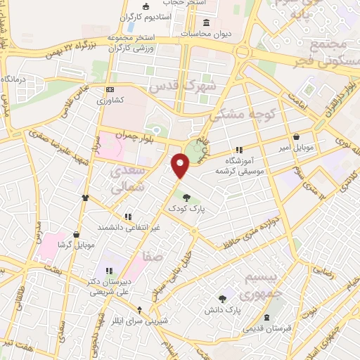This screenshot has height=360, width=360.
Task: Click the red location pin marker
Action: [181, 165]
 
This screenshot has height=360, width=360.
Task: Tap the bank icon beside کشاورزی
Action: [110, 90]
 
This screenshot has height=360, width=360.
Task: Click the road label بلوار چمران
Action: [131, 134]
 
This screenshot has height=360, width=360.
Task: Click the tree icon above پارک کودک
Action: [186, 197]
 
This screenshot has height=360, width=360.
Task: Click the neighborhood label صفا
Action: [153, 257]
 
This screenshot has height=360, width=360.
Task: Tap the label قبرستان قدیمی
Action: [266, 328]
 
